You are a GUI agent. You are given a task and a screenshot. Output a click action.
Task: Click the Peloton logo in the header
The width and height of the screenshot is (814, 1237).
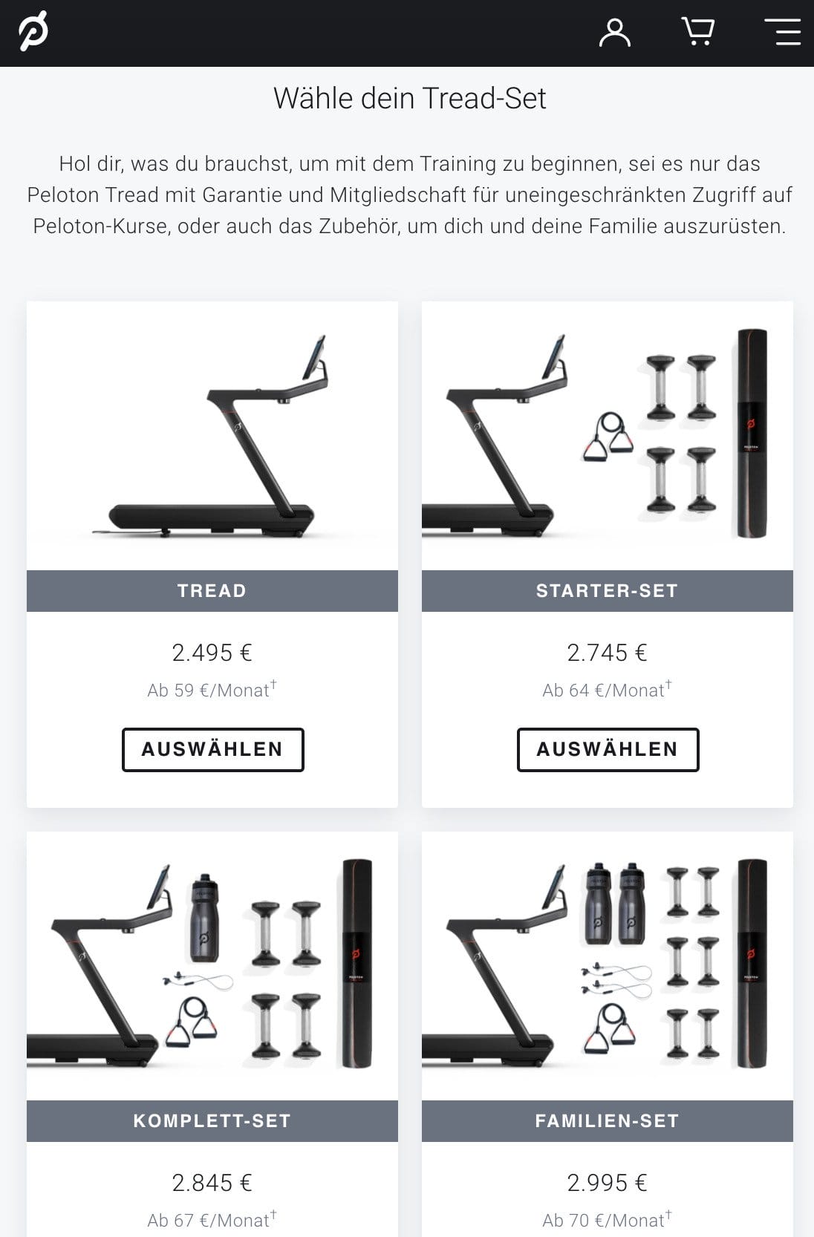[33, 31]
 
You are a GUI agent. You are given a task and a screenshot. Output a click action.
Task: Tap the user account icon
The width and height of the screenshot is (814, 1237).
[615, 33]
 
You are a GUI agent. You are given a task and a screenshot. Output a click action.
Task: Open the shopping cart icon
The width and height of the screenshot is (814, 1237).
[698, 31]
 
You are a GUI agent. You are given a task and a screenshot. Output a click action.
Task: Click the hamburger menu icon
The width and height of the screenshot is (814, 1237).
[783, 31]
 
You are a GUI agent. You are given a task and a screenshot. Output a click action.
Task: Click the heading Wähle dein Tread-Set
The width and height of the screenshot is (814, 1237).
[410, 98]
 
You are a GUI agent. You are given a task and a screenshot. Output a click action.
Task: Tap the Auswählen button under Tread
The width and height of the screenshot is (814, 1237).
[212, 749]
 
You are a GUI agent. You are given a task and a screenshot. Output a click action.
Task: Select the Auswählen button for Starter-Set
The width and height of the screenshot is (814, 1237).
[608, 749]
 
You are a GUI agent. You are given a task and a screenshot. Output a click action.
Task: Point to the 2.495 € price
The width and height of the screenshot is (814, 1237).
[212, 653]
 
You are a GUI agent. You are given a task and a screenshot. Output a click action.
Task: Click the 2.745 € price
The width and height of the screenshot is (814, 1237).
[607, 653]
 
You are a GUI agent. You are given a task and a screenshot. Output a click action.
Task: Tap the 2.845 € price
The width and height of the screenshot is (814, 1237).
[212, 1183]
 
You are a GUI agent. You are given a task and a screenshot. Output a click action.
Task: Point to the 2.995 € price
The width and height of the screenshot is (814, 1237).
[607, 1183]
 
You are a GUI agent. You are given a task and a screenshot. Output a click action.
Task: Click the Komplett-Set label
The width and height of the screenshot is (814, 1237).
[212, 1121]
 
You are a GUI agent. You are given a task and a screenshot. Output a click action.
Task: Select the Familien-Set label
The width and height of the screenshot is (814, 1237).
[607, 1121]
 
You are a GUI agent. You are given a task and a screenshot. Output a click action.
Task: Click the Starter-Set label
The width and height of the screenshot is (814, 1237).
[607, 591]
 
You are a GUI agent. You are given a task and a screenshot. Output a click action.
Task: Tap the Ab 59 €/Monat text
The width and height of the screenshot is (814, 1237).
[212, 689]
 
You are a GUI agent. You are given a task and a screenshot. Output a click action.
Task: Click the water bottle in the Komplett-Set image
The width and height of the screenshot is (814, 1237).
[204, 918]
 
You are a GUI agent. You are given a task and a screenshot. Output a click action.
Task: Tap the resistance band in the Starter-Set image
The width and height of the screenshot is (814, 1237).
[608, 437]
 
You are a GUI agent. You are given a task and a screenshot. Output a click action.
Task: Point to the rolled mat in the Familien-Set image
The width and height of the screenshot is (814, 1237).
[752, 963]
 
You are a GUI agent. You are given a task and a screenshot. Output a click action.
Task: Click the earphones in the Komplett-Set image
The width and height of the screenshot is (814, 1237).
[198, 982]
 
